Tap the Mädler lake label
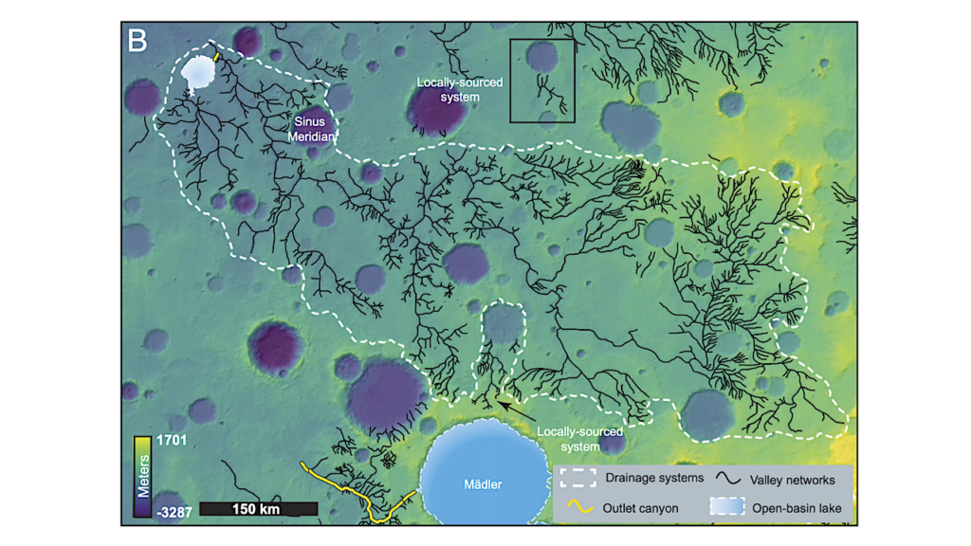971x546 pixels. tap(483, 484)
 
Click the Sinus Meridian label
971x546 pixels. tap(312, 129)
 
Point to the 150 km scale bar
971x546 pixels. tap(258, 509)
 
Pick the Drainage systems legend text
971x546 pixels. tap(653, 478)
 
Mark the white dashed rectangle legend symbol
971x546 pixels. tap(578, 478)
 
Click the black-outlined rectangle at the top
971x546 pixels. tap(542, 81)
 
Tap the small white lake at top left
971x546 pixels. tap(199, 72)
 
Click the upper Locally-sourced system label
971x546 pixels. tap(460, 90)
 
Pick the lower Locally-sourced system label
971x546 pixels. tap(578, 438)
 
